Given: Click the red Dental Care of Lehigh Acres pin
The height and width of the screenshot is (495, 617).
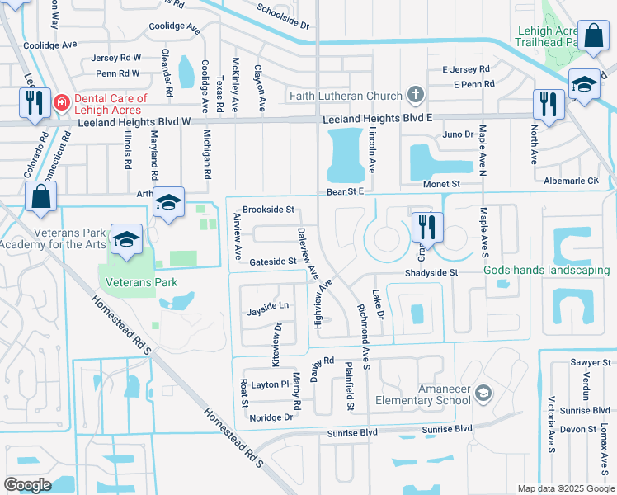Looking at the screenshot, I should coord(60,103).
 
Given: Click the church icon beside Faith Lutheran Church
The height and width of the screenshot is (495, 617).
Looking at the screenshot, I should coord(414,95).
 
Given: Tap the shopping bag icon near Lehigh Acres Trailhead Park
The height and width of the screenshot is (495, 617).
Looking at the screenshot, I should coord(592,36).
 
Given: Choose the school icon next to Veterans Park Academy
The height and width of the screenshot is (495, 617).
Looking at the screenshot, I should coord(126,238).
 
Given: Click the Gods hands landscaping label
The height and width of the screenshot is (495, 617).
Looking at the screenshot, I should coord(547,271).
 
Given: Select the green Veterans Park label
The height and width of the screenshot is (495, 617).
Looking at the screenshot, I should coord(142,282).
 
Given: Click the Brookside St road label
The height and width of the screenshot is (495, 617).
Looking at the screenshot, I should coord(268,210).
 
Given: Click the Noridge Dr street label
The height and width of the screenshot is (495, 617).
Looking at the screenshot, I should coord(271,417).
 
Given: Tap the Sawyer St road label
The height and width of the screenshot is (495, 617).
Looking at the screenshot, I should coord(589,363).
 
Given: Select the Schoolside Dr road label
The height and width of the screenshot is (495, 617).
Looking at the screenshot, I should coord(282,16).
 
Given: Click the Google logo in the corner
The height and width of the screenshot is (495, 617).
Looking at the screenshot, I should coord(27,484).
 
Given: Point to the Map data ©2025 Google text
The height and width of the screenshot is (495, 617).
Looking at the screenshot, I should coord(564,488).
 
